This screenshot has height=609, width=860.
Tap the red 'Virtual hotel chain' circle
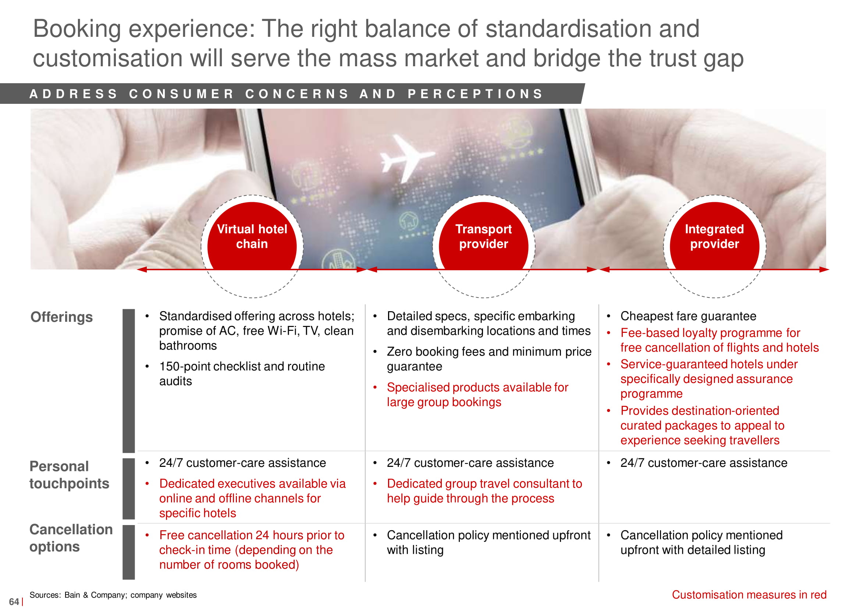(252, 236)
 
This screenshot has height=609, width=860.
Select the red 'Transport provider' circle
(484, 236)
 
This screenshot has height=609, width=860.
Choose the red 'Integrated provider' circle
(715, 236)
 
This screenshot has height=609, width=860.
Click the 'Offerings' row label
(61, 317)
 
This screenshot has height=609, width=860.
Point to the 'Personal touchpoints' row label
(69, 475)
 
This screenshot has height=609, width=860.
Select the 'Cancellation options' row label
(71, 538)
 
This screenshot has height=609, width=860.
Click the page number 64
(14, 602)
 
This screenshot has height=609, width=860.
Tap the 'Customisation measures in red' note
(749, 595)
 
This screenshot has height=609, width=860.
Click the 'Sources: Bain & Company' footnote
(113, 595)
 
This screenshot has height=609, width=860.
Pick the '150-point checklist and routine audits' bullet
(242, 373)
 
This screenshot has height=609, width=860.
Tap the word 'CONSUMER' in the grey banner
(182, 94)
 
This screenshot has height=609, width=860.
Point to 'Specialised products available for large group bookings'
(477, 394)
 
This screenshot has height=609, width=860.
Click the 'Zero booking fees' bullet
(489, 359)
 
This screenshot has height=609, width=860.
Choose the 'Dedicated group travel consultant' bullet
(485, 491)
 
